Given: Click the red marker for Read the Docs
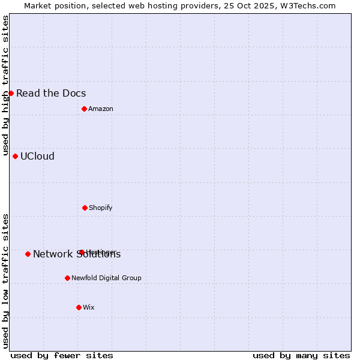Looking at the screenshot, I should pyautogui.click(x=11, y=93).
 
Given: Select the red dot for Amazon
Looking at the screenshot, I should pyautogui.click(x=84, y=109).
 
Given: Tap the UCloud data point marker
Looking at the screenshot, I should pyautogui.click(x=15, y=156).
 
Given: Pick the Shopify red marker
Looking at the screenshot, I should pyautogui.click(x=85, y=208).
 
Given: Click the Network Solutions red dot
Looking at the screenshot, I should pyautogui.click(x=28, y=254).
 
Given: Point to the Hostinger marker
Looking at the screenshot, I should pyautogui.click(x=82, y=252).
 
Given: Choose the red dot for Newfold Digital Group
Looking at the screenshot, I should pyautogui.click(x=67, y=278).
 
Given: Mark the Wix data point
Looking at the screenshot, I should pyautogui.click(x=79, y=307).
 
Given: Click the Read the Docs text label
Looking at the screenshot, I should pyautogui.click(x=51, y=93).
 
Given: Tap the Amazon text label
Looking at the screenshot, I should pyautogui.click(x=101, y=109).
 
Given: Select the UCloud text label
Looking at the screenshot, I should pyautogui.click(x=37, y=156).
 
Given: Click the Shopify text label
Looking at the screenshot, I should pyautogui.click(x=101, y=208).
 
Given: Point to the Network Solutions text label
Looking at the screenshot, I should pyautogui.click(x=77, y=254).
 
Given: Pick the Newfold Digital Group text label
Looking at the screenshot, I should pyautogui.click(x=106, y=278).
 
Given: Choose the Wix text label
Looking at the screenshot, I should pyautogui.click(x=89, y=307).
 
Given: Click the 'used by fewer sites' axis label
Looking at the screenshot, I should pyautogui.click(x=62, y=355).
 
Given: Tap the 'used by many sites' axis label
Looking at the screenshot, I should pyautogui.click(x=301, y=355).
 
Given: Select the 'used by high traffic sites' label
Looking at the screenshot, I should pyautogui.click(x=5, y=85).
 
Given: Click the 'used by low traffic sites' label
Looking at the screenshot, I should pyautogui.click(x=5, y=281).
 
